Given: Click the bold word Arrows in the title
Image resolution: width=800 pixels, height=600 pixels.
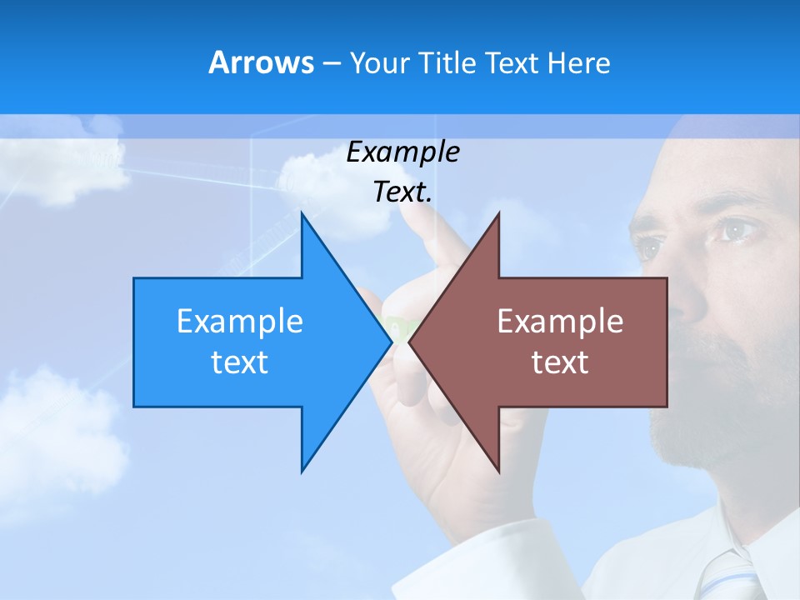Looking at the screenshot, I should [x=261, y=62].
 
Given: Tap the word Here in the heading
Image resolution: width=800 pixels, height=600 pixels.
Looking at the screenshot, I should [x=578, y=62].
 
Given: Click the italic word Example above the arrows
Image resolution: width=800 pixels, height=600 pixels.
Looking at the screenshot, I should [x=402, y=152].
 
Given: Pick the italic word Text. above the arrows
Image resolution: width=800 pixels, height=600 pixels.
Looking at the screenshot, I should [x=402, y=192].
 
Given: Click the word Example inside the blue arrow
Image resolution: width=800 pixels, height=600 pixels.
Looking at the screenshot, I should [x=240, y=322].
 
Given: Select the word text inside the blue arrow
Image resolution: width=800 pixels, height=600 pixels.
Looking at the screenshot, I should [x=240, y=362].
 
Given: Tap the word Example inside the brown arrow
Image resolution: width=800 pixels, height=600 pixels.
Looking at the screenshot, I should [x=560, y=322].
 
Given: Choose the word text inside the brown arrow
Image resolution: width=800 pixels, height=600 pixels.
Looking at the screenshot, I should [x=560, y=362].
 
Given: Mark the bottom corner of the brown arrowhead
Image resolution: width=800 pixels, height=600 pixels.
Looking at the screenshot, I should [x=498, y=471].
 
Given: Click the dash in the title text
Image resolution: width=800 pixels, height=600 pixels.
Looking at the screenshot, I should [x=332, y=63].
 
